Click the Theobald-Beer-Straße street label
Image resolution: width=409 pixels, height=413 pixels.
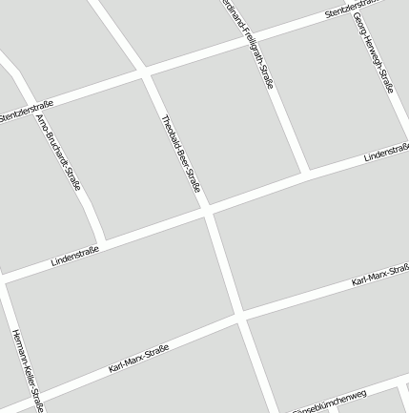[181, 154]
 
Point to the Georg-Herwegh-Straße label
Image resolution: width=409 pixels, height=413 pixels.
[373, 52]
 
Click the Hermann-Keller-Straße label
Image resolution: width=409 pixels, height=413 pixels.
[28, 370]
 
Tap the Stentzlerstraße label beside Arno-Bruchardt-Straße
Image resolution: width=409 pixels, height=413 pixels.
[26, 112]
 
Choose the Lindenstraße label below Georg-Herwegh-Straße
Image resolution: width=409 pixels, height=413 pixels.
[386, 152]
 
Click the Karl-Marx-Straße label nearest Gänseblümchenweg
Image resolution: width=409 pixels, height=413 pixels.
[379, 277]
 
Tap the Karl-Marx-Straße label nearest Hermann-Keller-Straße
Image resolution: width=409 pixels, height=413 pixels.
[138, 359]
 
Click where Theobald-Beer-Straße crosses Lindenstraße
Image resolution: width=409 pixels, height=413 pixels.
[207, 212]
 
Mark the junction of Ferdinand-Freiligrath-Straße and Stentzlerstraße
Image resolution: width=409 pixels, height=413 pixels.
[240, 41]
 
